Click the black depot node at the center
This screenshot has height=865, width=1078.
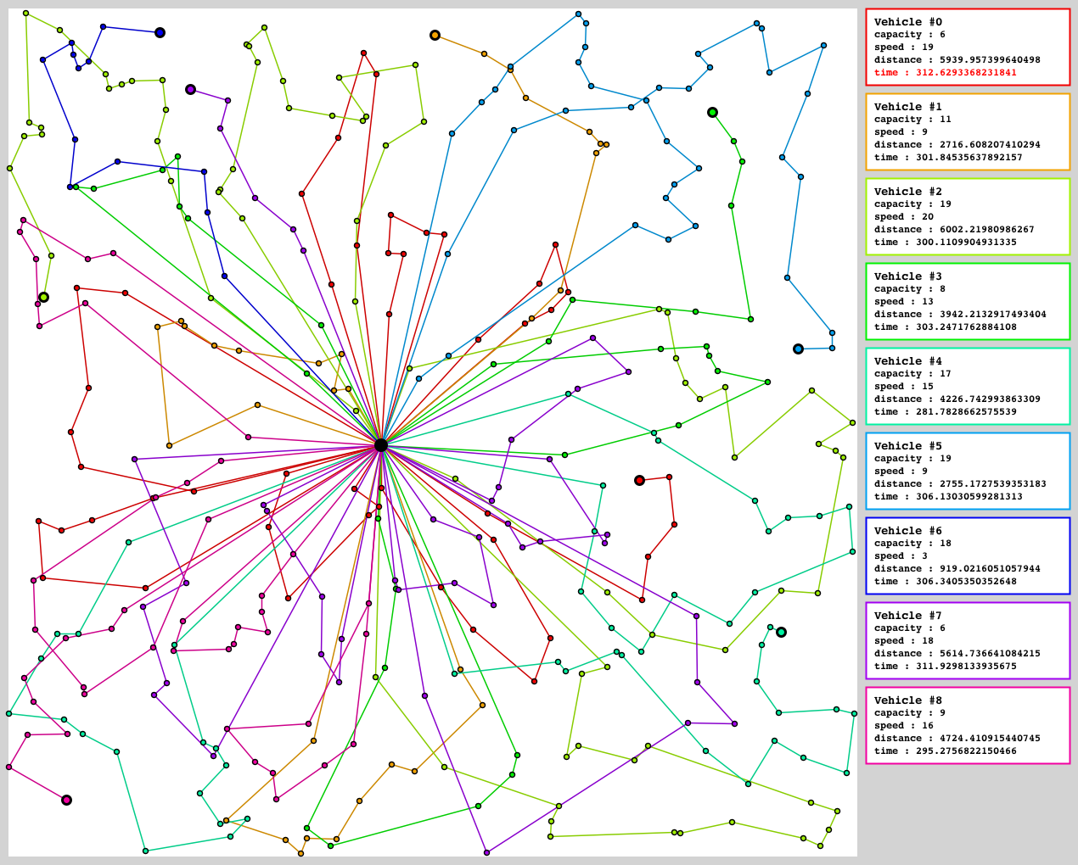(381, 445)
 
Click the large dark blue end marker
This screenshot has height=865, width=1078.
(160, 33)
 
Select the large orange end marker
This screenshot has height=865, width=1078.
(435, 36)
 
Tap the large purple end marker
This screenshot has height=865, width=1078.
(190, 89)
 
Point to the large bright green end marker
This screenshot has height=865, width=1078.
(712, 112)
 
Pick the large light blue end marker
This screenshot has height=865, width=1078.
(798, 349)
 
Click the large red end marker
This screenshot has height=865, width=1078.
(639, 480)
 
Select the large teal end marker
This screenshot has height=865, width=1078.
(781, 632)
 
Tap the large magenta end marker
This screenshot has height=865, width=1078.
(66, 800)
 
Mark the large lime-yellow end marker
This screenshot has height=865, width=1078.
(43, 297)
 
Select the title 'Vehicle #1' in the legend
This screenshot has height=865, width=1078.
(907, 107)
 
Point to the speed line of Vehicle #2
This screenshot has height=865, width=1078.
(903, 217)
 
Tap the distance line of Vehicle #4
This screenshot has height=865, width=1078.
(957, 399)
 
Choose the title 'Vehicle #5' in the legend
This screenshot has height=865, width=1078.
(907, 446)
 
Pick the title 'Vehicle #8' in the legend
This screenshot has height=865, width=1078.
(907, 700)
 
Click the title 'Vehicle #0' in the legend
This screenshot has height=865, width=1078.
(907, 22)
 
